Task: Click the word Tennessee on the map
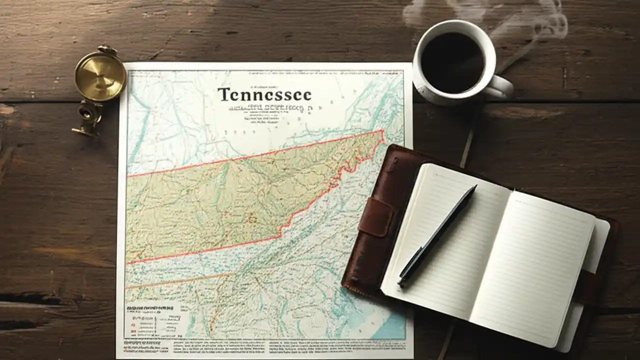pyautogui.click(x=264, y=94)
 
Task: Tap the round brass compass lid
pyautogui.click(x=100, y=75)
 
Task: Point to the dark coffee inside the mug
pyautogui.click(x=452, y=62)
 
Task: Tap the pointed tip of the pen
pyautogui.click(x=401, y=284)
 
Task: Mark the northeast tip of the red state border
pyautogui.click(x=382, y=131)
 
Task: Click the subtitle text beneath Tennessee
pyautogui.click(x=265, y=108)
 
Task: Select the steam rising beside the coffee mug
pyautogui.click(x=540, y=25)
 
